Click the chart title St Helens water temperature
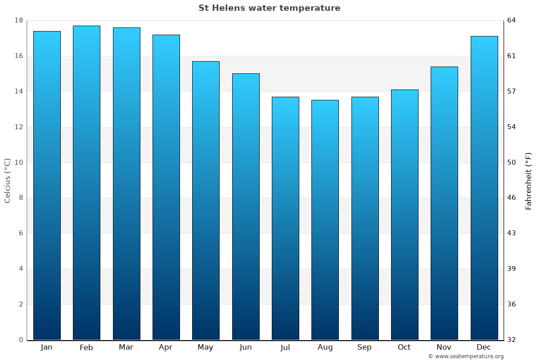[269, 8]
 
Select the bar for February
[86, 183]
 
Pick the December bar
[484, 188]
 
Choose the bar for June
[246, 207]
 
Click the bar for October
[405, 215]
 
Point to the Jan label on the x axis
[46, 347]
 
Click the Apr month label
[166, 347]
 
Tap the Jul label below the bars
[285, 347]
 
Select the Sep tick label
[364, 347]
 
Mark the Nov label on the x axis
[444, 347]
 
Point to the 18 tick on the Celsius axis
[19, 21]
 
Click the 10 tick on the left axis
[19, 162]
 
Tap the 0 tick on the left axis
[21, 340]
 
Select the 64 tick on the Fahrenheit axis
[512, 21]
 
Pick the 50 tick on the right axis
[512, 162]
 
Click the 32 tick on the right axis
[512, 340]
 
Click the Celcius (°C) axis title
[7, 180]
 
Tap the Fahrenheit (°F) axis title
[529, 180]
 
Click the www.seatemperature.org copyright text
[466, 356]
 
